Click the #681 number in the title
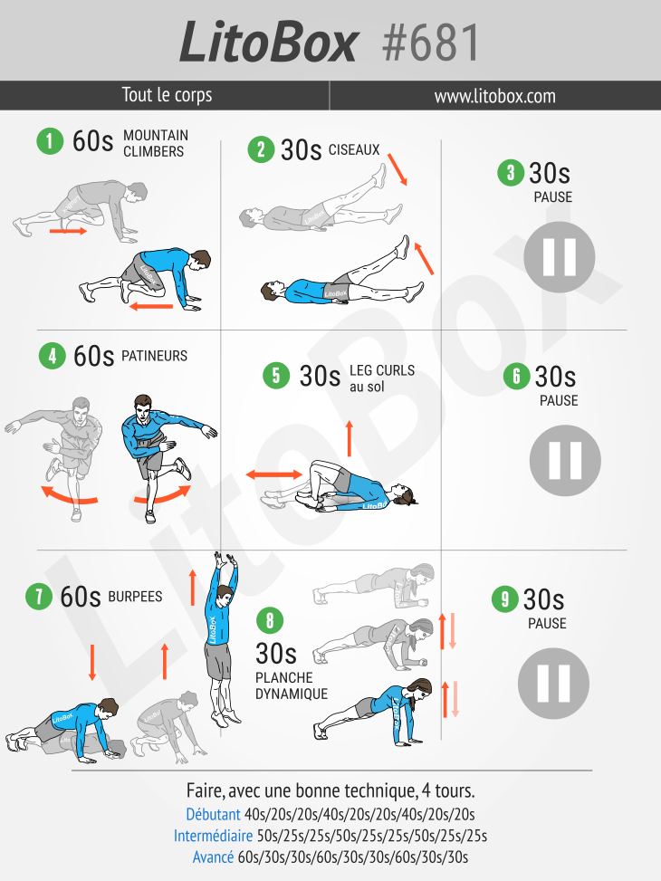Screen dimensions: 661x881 pyautogui.click(x=430, y=43)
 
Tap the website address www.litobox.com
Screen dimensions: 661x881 pyautogui.click(x=494, y=96)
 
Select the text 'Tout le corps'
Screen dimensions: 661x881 pyautogui.click(x=167, y=94)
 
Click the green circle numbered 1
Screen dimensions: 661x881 pyautogui.click(x=50, y=140)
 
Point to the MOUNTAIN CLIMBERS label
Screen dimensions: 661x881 pyautogui.click(x=156, y=143)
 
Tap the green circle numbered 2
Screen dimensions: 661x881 pyautogui.click(x=262, y=149)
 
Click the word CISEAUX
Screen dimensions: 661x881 pyautogui.click(x=354, y=150)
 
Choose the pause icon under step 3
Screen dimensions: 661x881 pyautogui.click(x=560, y=257)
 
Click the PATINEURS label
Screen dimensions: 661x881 pyautogui.click(x=155, y=356)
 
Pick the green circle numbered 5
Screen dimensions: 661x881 pyautogui.click(x=276, y=376)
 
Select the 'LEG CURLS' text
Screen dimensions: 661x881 pyautogui.click(x=382, y=371)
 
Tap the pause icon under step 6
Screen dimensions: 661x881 pyautogui.click(x=565, y=460)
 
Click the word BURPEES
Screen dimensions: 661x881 pyautogui.click(x=135, y=597)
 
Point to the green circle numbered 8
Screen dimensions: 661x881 pyautogui.click(x=270, y=620)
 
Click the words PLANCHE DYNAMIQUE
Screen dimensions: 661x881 pyautogui.click(x=292, y=685)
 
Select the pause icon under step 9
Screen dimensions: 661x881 pyautogui.click(x=553, y=684)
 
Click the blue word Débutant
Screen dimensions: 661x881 pyautogui.click(x=213, y=814)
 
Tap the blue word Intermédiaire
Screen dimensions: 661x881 pyautogui.click(x=213, y=836)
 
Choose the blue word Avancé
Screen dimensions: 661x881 pyautogui.click(x=213, y=857)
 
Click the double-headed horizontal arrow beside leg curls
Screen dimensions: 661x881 pyautogui.click(x=274, y=474)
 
